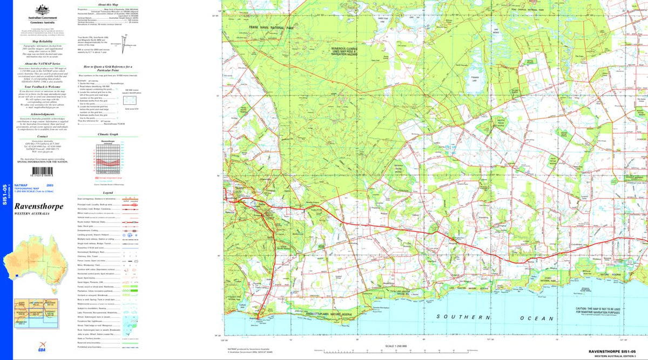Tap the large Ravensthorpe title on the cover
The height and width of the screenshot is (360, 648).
pos(39,207)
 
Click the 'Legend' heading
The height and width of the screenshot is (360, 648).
pos(107,193)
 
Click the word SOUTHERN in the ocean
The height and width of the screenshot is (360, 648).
pos(458,318)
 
